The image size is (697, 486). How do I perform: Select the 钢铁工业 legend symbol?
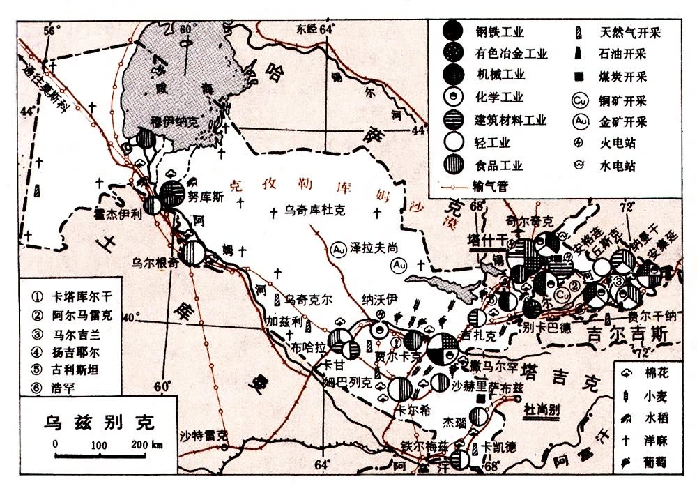452,31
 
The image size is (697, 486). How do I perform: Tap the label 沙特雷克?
203,436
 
